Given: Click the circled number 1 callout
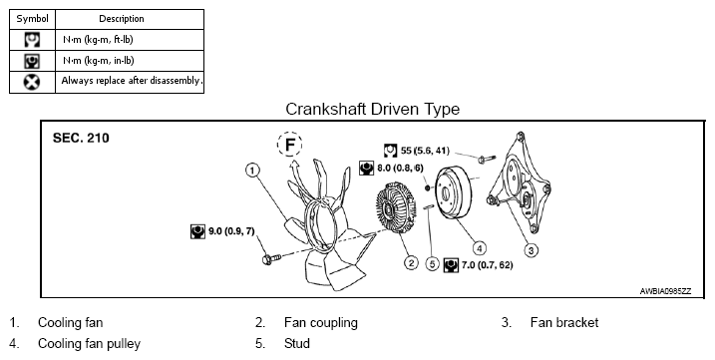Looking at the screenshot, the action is [x=252, y=171].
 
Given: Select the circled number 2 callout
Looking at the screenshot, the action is [x=411, y=263].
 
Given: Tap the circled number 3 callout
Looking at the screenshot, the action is [x=531, y=250].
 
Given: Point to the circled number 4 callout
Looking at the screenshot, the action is [x=479, y=248].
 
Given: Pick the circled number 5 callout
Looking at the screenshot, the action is [x=432, y=263].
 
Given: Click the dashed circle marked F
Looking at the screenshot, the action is [x=289, y=145].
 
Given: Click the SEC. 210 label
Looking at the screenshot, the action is [x=81, y=139].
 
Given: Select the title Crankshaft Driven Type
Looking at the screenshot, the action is [x=373, y=109].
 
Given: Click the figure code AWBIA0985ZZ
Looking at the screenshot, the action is [x=665, y=291].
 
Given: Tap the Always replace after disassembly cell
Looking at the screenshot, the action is [x=130, y=82].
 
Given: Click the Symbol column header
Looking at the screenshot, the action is [x=32, y=19].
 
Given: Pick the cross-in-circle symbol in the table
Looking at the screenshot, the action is [x=32, y=82].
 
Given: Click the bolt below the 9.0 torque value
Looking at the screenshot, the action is [x=271, y=259].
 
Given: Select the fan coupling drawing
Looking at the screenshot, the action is [x=395, y=207].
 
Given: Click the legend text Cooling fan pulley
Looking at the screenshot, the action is [x=89, y=344].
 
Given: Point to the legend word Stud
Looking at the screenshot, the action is [x=297, y=344].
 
